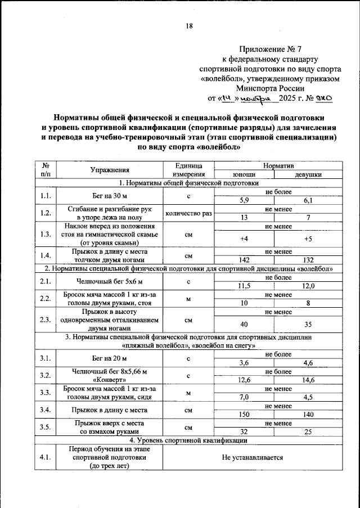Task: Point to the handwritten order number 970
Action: tap(325, 98)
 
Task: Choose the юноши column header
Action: tap(244, 174)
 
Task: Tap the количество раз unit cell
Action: tap(188, 213)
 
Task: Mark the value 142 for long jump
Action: tap(244, 260)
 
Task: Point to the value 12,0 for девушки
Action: tap(308, 286)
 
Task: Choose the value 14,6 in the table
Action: tap(308, 380)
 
